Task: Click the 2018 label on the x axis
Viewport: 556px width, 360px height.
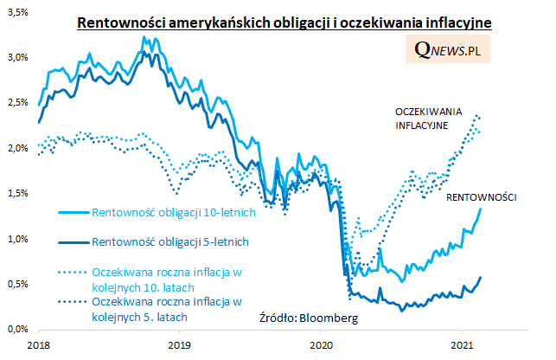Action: point(38,344)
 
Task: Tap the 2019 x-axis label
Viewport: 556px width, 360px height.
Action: point(179,344)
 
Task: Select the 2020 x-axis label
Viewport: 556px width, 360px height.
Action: point(321,344)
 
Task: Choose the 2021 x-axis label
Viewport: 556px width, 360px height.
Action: point(461,344)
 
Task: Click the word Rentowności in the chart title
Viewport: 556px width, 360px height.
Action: point(117,22)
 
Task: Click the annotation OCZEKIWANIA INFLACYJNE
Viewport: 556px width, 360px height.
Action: point(429,119)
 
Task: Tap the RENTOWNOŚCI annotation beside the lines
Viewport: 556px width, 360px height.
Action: point(481,198)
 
